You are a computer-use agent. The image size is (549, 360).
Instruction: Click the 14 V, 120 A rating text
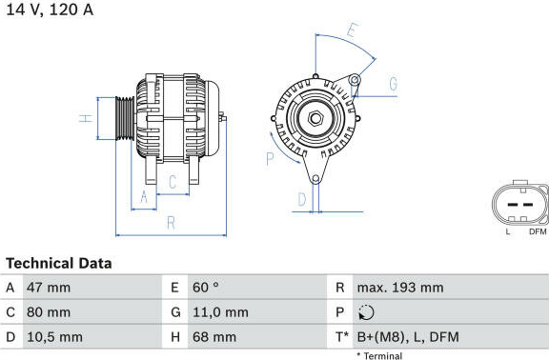(x=50, y=10)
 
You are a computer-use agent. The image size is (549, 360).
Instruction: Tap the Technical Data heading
(x=59, y=264)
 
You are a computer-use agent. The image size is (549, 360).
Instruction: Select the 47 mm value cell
(x=49, y=288)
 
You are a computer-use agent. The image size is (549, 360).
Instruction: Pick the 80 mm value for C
(x=49, y=312)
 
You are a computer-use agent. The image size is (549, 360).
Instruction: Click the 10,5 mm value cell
(x=55, y=337)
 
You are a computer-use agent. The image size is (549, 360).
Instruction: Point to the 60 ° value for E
(x=206, y=288)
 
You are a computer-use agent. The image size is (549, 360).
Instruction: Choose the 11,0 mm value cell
(x=220, y=312)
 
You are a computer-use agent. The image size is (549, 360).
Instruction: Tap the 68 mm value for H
(x=214, y=337)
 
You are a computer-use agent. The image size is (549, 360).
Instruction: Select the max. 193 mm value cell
(x=400, y=288)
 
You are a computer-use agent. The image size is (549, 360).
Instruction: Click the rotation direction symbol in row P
(x=366, y=312)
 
